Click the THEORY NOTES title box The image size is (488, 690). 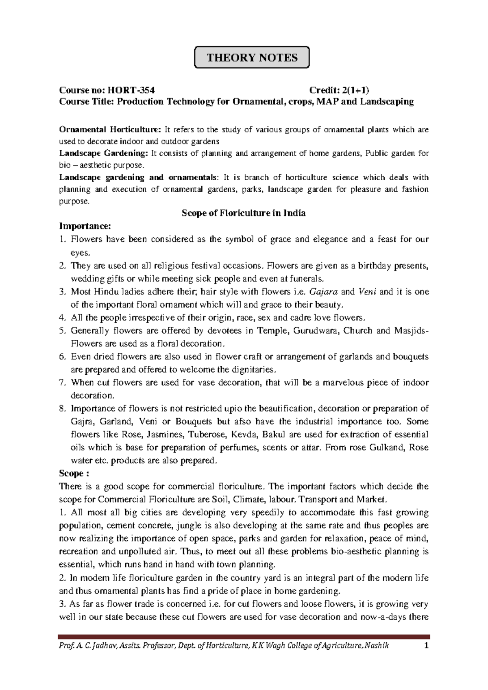point(252,57)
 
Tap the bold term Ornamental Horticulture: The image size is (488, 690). point(110,130)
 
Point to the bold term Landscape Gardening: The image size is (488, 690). point(104,153)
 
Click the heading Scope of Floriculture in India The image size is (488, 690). point(244,213)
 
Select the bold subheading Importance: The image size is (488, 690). point(85,226)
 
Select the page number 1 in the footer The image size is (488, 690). point(427,646)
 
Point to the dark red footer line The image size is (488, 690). point(244,637)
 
